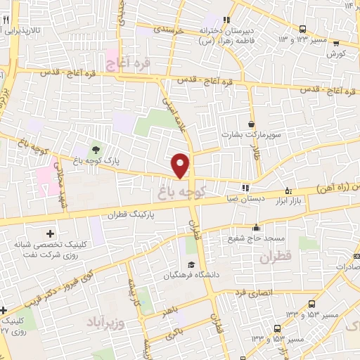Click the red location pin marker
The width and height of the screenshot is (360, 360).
pyautogui.click(x=181, y=165)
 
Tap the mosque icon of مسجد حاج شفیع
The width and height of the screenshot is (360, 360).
pyautogui.click(x=257, y=227)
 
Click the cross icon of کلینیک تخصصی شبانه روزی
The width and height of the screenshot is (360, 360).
pyautogui.click(x=50, y=233)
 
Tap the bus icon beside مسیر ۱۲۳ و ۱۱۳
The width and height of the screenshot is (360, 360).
pyautogui.click(x=302, y=30)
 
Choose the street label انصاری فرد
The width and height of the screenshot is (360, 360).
pyautogui.click(x=261, y=292)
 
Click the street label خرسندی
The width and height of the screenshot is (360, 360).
pyautogui.click(x=168, y=31)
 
